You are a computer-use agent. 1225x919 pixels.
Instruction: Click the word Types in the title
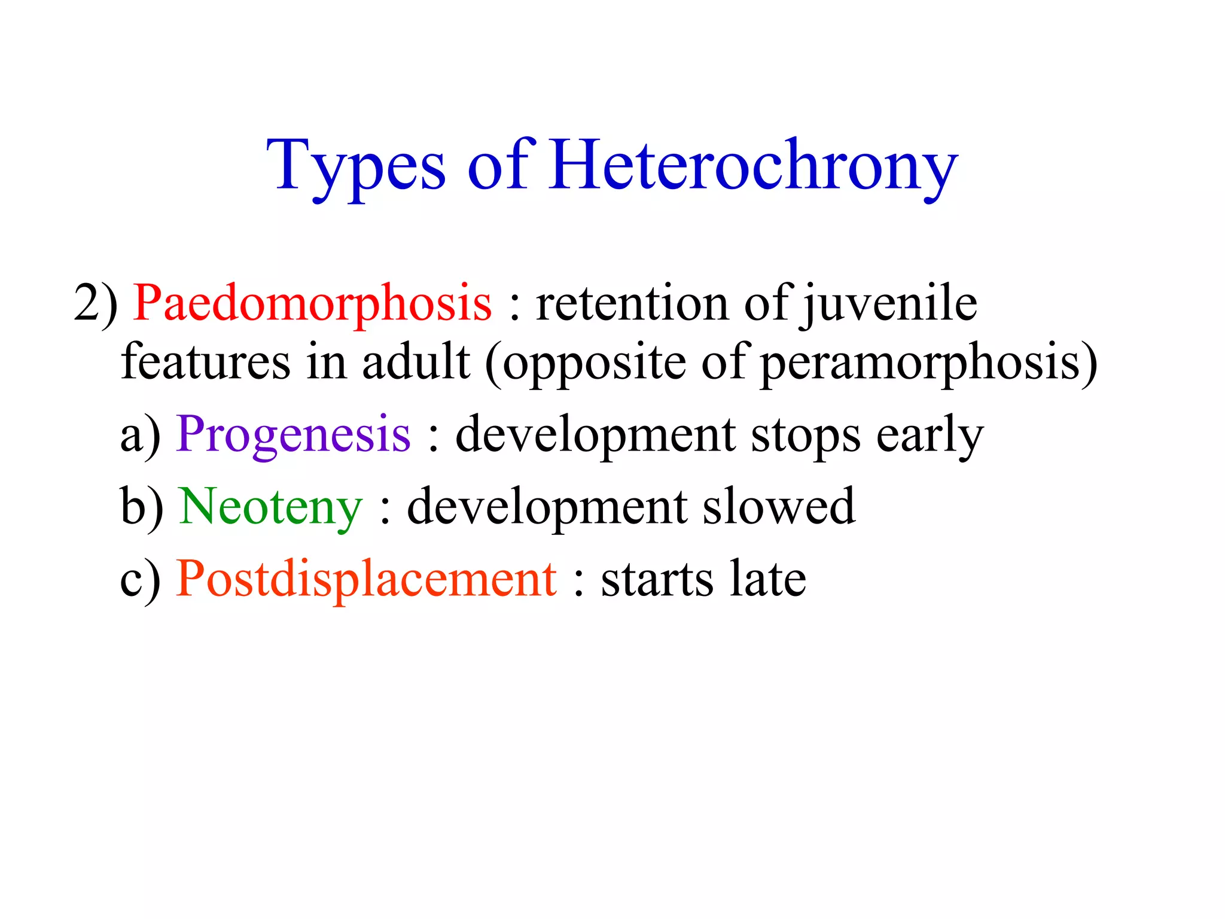[x=356, y=166]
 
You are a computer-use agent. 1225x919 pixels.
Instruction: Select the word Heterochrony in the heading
[x=753, y=166]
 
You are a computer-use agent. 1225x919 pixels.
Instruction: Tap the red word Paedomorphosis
[x=312, y=304]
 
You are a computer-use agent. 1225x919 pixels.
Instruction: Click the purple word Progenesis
[x=294, y=435]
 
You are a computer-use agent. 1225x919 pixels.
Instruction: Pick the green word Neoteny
[x=271, y=507]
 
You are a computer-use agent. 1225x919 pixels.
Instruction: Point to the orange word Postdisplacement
[x=367, y=579]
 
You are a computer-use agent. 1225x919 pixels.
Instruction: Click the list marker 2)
[x=96, y=304]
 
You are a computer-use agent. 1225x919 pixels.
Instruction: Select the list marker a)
[x=141, y=435]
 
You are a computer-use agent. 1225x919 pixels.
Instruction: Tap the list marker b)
[x=142, y=507]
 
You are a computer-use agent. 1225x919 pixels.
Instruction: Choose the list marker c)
[x=141, y=579]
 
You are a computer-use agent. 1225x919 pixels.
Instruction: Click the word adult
[x=416, y=362]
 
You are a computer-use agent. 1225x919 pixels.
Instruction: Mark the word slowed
[x=778, y=507]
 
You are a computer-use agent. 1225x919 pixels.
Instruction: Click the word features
[x=205, y=362]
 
